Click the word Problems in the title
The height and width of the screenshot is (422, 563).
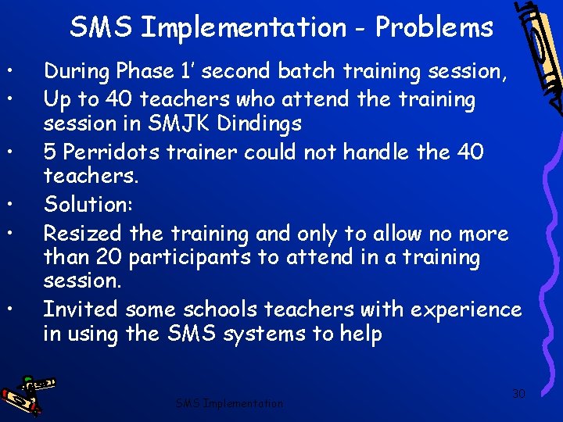434,27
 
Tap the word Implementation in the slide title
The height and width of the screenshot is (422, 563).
244,27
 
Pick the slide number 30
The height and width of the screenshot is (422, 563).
518,394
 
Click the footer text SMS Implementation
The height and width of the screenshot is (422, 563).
229,403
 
